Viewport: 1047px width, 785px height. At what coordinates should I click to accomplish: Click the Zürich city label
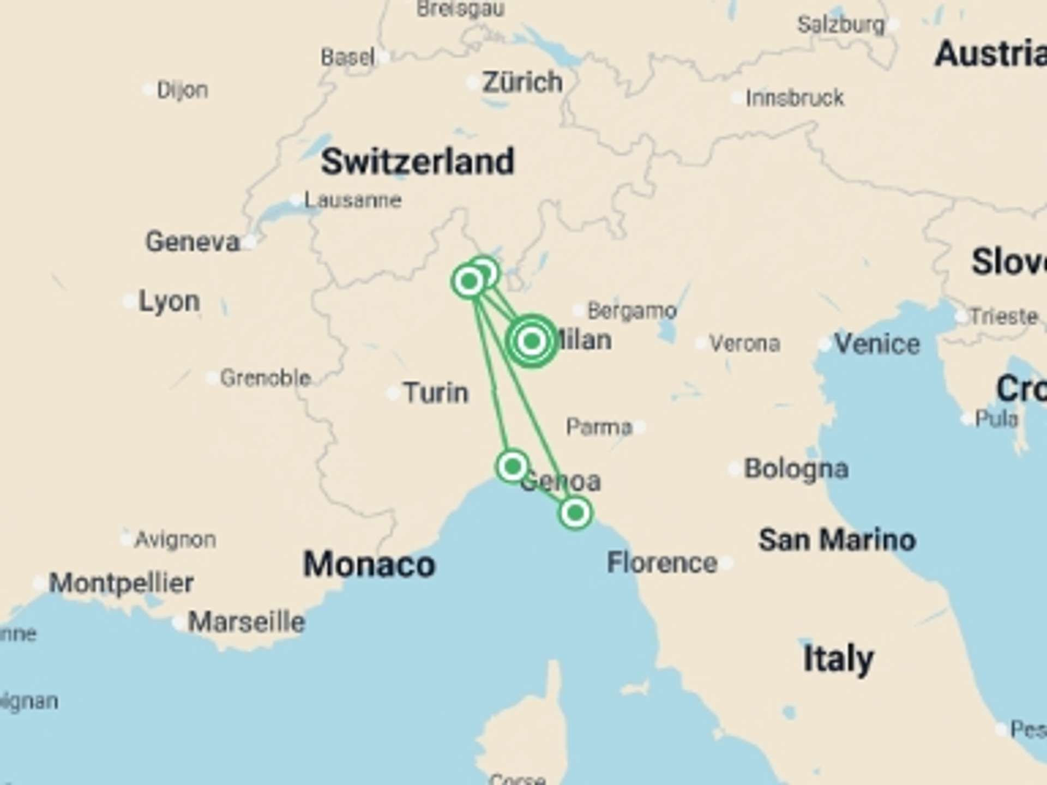pos(522,82)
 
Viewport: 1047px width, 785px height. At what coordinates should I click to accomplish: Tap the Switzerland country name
pos(417,161)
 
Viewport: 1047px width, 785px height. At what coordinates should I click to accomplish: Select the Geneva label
pos(192,241)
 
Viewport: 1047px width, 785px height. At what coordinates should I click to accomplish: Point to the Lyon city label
pos(169,301)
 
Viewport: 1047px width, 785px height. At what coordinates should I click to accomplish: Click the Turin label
pos(436,392)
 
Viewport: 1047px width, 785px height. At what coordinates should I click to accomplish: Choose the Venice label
pos(877,343)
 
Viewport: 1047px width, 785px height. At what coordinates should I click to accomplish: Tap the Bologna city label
pos(796,469)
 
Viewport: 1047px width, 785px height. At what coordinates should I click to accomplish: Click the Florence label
pos(662,563)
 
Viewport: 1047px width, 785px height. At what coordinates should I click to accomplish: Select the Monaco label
pos(369,564)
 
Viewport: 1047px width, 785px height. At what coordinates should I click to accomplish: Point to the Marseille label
pos(246,621)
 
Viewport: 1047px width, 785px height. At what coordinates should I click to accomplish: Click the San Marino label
pos(837,540)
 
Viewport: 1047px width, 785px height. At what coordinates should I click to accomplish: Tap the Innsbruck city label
pos(795,98)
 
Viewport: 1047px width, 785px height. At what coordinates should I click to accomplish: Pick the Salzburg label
pos(840,25)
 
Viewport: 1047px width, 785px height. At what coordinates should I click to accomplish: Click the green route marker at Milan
pos(532,341)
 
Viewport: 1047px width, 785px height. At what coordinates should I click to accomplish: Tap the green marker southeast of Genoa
pos(575,512)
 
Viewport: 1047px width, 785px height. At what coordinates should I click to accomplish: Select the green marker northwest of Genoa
pos(512,466)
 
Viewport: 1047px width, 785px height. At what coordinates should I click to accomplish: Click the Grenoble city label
pos(265,377)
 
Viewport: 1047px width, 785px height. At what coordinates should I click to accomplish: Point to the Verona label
pos(744,343)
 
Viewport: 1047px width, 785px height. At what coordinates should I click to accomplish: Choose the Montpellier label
pos(121,583)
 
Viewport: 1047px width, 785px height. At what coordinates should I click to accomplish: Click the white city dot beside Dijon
pos(148,89)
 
